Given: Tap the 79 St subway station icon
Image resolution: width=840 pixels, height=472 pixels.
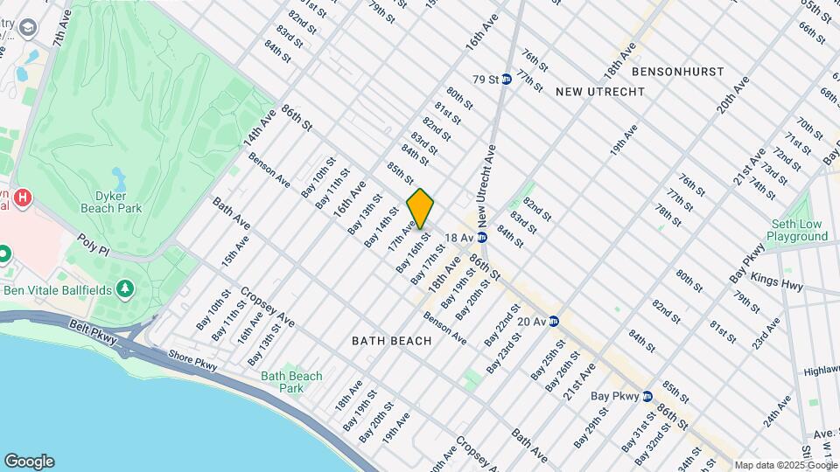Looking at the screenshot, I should tap(506, 80).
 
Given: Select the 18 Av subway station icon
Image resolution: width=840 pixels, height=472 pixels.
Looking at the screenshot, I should tap(481, 237).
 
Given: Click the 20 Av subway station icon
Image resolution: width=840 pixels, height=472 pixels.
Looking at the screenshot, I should tap(554, 321).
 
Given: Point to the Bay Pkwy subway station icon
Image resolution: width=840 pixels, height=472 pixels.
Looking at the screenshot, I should tap(647, 396).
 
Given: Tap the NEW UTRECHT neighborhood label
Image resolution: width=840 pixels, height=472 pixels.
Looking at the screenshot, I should tap(599, 91).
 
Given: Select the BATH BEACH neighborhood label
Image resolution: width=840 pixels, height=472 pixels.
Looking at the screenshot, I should tap(392, 340).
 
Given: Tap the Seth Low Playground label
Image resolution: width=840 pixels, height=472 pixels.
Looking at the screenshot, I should tap(796, 230).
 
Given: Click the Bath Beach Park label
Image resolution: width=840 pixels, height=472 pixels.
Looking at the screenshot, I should tap(291, 382).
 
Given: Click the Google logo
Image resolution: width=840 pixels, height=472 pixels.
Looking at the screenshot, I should tap(29, 461).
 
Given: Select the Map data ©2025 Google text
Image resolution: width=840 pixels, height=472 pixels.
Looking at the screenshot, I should tap(784, 465).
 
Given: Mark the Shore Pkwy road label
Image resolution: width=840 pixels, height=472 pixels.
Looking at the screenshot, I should tap(192, 361).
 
